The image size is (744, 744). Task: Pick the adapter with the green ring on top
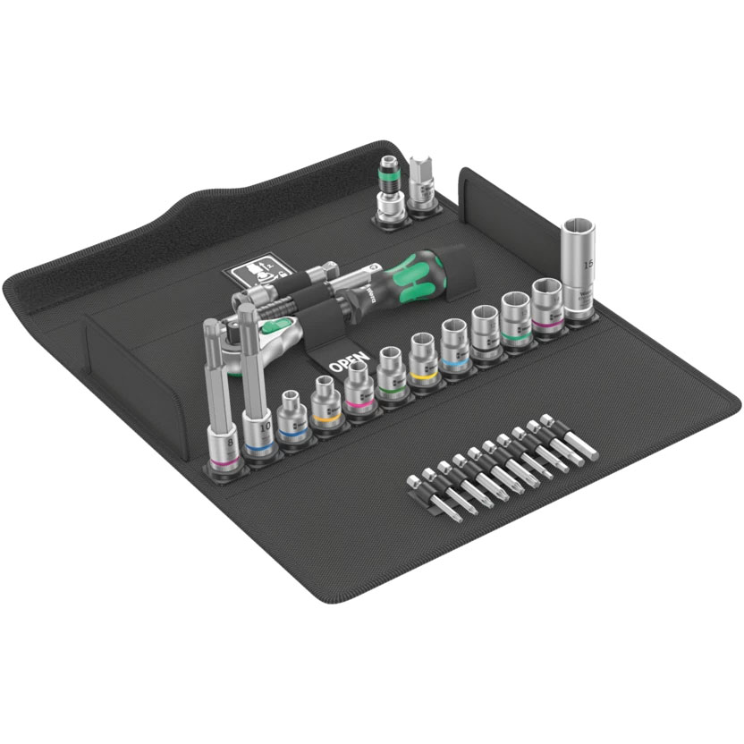(387, 190)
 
